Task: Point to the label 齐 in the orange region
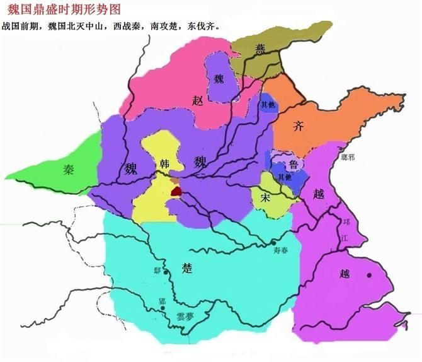[299, 126]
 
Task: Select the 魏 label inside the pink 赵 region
[219, 79]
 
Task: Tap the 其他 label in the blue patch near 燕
[266, 105]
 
